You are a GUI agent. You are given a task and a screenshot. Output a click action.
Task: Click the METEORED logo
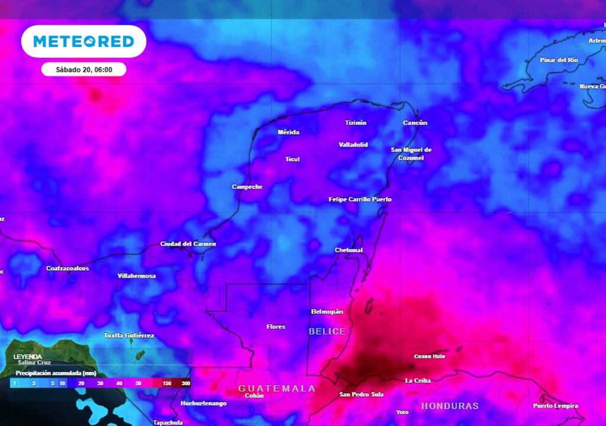(x=83, y=41)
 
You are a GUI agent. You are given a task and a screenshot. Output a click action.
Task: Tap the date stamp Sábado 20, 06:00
(x=83, y=69)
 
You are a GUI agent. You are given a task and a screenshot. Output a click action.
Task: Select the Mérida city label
(x=288, y=132)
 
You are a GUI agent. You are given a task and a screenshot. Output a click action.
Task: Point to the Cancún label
(x=415, y=123)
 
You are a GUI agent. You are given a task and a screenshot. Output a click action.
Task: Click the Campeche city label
(x=247, y=187)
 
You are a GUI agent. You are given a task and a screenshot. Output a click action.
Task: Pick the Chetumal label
(x=349, y=250)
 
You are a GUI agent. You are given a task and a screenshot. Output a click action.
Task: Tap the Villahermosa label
(x=137, y=276)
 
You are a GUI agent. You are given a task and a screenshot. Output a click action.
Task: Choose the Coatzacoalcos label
(x=67, y=269)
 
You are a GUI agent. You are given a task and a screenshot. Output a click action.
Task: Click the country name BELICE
(x=327, y=332)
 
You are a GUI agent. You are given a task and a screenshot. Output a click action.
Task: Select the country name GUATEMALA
(x=276, y=389)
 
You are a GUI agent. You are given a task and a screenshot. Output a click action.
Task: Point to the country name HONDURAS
(x=450, y=406)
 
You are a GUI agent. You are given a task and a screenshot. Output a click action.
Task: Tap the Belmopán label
(x=327, y=312)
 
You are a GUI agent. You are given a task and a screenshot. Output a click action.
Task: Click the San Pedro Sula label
(x=361, y=394)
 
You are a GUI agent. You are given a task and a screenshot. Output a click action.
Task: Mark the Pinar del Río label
(x=559, y=60)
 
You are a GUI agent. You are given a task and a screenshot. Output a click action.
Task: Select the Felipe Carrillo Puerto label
(x=360, y=199)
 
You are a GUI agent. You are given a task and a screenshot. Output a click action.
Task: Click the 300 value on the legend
(x=186, y=384)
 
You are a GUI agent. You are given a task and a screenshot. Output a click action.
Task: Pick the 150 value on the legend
(x=167, y=384)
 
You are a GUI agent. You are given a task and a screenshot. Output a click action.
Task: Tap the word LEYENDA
(x=28, y=357)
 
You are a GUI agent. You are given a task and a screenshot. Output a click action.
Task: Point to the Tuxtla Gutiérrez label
(x=129, y=335)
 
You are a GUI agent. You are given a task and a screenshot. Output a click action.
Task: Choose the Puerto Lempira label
(x=555, y=406)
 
